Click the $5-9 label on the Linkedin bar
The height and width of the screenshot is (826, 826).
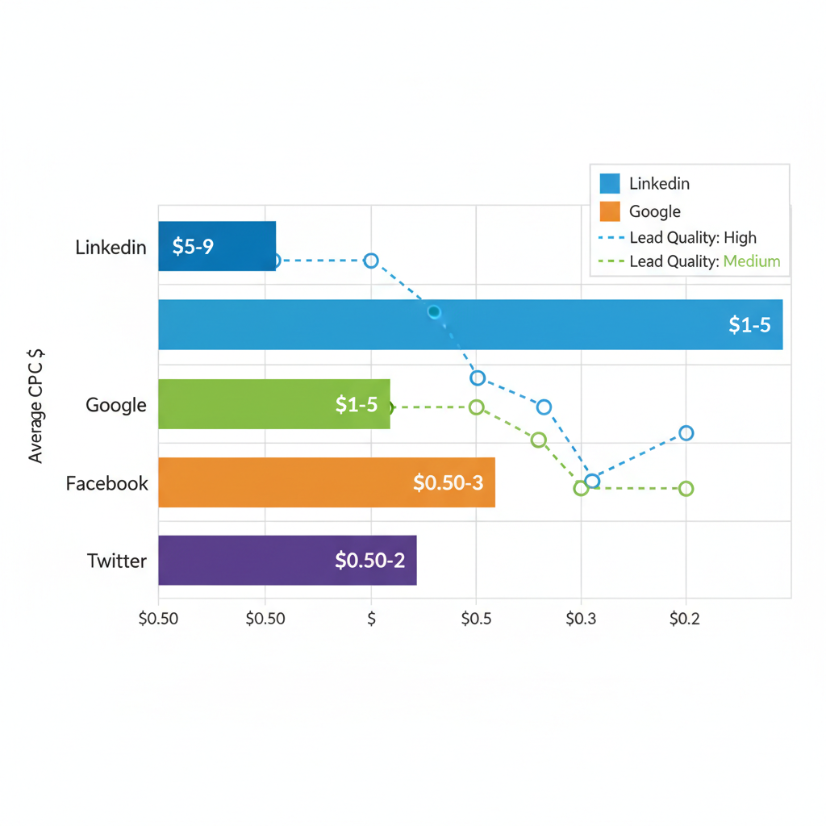pyautogui.click(x=193, y=246)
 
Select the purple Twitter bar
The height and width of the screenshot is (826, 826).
pyautogui.click(x=242, y=561)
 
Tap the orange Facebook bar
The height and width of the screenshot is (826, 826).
pyautogui.click(x=282, y=482)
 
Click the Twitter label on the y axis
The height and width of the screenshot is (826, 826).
pyautogui.click(x=117, y=561)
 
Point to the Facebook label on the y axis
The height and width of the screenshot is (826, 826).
pyautogui.click(x=107, y=483)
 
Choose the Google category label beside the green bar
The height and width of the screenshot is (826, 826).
pyautogui.click(x=116, y=405)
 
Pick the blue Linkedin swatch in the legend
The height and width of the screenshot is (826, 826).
pyautogui.click(x=611, y=184)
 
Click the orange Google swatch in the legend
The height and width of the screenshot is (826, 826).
pyautogui.click(x=611, y=211)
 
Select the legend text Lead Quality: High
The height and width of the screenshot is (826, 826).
pyautogui.click(x=692, y=237)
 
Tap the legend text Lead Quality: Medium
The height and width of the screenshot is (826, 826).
pyautogui.click(x=704, y=261)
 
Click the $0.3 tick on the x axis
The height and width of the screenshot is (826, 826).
pyautogui.click(x=581, y=619)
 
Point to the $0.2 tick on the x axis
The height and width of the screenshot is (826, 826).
pyautogui.click(x=686, y=619)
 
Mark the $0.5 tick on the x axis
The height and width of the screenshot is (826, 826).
pyautogui.click(x=476, y=619)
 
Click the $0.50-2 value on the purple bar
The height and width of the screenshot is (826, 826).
pyautogui.click(x=370, y=561)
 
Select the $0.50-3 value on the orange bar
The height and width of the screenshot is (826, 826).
pyautogui.click(x=448, y=482)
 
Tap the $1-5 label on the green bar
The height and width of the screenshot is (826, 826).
pyautogui.click(x=357, y=405)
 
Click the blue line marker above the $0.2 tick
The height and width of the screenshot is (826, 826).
pyautogui.click(x=686, y=433)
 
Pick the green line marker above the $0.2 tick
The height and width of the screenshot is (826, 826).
pyautogui.click(x=686, y=488)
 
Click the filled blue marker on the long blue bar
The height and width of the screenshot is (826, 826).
pyautogui.click(x=434, y=312)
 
